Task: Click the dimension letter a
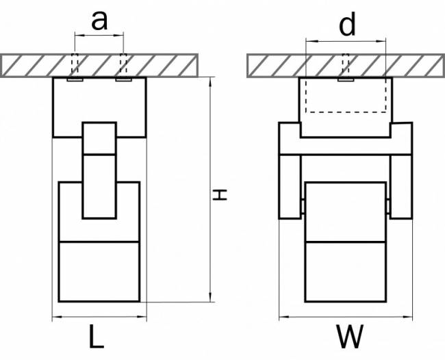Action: (x=99, y=21)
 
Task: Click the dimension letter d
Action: (x=347, y=25)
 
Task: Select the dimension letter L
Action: (x=97, y=336)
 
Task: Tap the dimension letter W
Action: (x=350, y=336)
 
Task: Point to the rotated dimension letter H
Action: (x=220, y=194)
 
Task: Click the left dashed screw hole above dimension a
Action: (x=75, y=63)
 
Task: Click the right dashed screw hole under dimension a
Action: (x=123, y=63)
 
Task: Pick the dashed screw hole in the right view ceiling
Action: (x=345, y=63)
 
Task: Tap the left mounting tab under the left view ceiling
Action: (x=75, y=79)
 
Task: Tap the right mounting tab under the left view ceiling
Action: (x=123, y=79)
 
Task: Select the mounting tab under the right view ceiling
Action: (x=346, y=79)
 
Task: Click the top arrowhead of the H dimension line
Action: (x=210, y=81)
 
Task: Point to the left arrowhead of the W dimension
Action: (x=284, y=317)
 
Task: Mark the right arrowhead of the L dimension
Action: (x=142, y=317)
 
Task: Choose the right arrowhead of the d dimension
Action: (x=381, y=41)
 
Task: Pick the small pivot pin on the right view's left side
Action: (x=303, y=207)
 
